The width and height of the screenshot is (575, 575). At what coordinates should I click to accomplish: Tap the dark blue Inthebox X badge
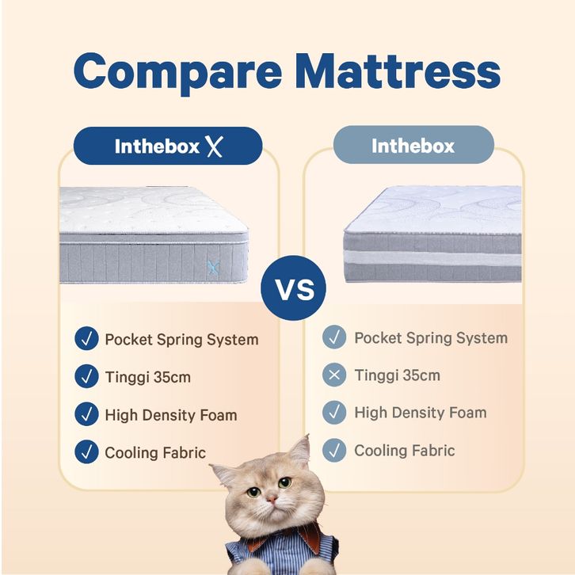tap(168, 146)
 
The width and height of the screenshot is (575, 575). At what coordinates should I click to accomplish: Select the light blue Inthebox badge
tap(413, 145)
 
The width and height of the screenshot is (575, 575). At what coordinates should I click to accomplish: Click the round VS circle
tap(293, 288)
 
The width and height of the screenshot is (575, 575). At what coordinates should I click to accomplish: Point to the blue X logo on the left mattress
tap(213, 267)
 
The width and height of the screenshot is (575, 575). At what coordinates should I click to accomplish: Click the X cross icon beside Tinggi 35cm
tap(334, 375)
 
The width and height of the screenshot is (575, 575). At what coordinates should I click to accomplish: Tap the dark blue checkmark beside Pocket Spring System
tap(86, 338)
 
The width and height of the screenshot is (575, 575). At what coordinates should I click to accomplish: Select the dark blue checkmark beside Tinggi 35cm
tap(86, 376)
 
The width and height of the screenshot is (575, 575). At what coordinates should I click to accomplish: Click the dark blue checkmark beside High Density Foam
tap(86, 414)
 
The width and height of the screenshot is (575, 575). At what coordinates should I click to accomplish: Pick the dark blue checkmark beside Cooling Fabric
tap(86, 451)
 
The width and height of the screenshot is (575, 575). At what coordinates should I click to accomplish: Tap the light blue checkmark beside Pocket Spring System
tap(334, 337)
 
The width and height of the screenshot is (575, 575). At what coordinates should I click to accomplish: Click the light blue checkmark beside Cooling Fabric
tap(334, 450)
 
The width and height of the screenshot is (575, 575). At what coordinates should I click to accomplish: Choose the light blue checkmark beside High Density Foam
tap(334, 412)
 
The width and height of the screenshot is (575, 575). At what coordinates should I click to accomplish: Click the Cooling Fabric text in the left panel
tap(155, 452)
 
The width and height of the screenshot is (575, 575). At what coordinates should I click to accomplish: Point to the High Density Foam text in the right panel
tap(421, 413)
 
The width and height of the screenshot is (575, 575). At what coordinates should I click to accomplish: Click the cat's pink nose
tap(272, 499)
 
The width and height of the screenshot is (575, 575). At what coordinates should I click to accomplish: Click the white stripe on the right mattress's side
tap(432, 257)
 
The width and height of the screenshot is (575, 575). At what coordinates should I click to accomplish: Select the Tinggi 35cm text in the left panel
tap(148, 378)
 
